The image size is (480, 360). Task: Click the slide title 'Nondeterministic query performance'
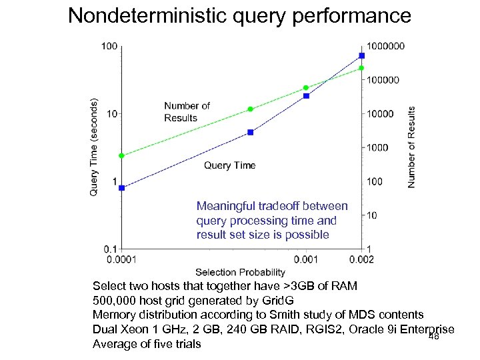(240, 15)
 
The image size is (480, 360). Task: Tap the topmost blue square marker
(361, 55)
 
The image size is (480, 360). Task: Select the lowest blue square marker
(121, 188)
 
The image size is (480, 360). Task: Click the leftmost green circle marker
(121, 156)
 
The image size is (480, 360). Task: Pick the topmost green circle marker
(361, 68)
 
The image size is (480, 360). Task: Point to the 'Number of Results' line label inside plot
(187, 112)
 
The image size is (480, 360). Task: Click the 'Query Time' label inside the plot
(229, 165)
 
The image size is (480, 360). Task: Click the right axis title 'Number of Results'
(411, 147)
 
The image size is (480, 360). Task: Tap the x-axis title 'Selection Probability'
(240, 272)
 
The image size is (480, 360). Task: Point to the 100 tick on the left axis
(109, 46)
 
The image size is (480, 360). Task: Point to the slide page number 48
(433, 337)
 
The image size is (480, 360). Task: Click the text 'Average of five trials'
(147, 344)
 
